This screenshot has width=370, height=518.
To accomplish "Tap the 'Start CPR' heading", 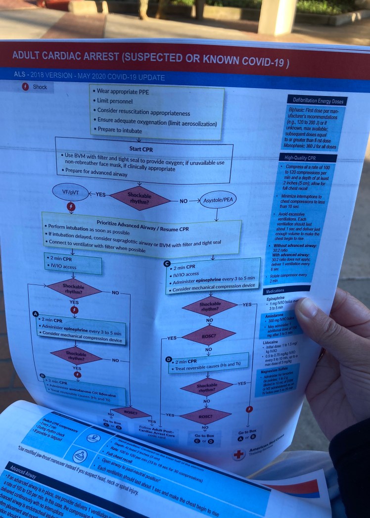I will click(x=141, y=148).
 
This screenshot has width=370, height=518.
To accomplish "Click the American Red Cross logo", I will click(x=239, y=453).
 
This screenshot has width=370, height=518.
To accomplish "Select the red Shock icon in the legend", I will click(x=26, y=87).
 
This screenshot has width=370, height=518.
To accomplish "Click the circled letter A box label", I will click(x=35, y=314).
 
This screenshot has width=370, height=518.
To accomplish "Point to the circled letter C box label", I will click(x=167, y=262).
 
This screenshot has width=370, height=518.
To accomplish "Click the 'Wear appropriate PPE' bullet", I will click(x=123, y=92).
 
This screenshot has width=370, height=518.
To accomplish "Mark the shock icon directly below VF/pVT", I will click(x=71, y=207).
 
